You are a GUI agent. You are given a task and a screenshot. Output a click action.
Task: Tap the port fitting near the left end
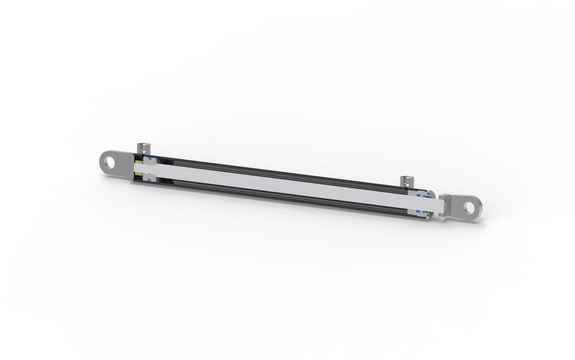144,149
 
